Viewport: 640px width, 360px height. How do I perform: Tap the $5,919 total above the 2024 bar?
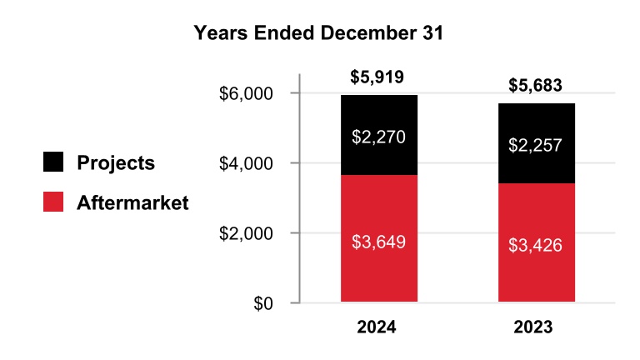coord(378,77)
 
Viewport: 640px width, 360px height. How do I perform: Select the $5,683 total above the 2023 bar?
coord(536,85)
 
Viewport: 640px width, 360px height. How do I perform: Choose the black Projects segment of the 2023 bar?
coord(537,167)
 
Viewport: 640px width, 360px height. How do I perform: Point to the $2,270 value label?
coord(379,137)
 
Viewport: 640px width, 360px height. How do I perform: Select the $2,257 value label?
coord(537,146)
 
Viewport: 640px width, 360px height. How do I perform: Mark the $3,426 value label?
coord(537,247)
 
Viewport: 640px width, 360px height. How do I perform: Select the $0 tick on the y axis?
coord(263,303)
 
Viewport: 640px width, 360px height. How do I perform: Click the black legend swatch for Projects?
coord(54,162)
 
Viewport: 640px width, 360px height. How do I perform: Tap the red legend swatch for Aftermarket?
coord(54,202)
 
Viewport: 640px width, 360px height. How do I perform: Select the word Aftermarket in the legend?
coord(132,202)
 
